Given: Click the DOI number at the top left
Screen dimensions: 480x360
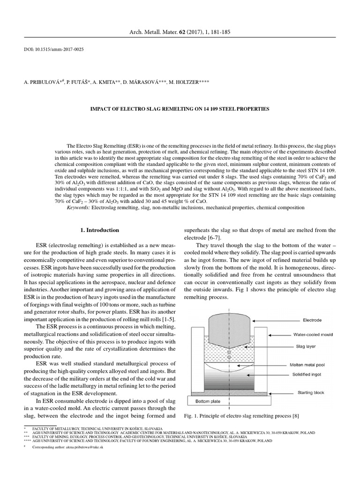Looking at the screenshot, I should pyautogui.click(x=53, y=50).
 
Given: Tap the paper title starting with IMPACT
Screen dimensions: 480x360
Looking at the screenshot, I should pyautogui.click(x=180, y=108).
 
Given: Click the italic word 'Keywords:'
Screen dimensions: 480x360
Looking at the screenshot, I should pyautogui.click(x=80, y=207).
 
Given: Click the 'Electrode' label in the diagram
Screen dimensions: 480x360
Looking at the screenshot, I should pyautogui.click(x=312, y=320).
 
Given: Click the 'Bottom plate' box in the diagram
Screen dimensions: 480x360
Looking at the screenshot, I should pyautogui.click(x=206, y=401).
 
